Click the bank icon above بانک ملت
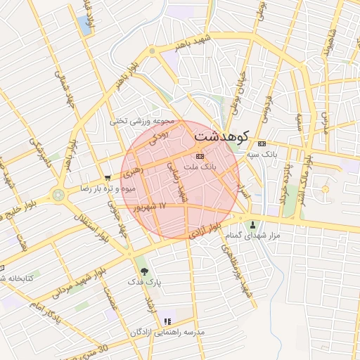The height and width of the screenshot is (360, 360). click(x=200, y=156)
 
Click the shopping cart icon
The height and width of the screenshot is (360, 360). click(x=107, y=178)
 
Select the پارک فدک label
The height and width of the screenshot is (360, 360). click(x=144, y=282)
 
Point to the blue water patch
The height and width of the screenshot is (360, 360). click(x=86, y=25)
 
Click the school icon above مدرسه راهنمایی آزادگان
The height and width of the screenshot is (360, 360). click(x=167, y=321)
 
